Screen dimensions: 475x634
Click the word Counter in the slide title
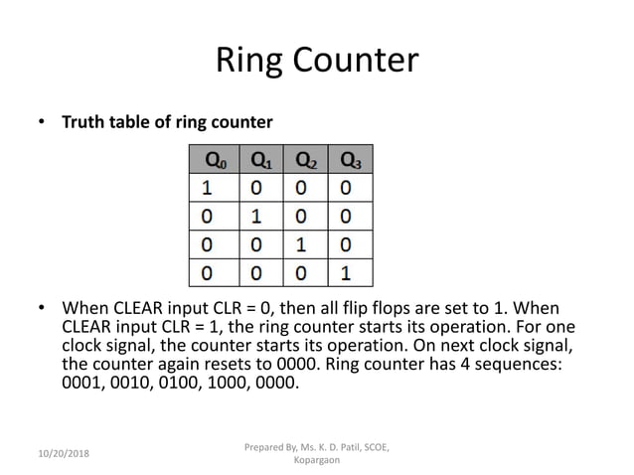tap(354, 61)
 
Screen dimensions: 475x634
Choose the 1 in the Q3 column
tap(345, 270)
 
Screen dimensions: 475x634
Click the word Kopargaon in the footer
tap(317, 462)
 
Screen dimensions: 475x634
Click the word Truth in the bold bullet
tap(84, 123)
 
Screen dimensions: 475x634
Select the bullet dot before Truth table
tap(42, 123)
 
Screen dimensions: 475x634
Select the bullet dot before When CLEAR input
tap(42, 308)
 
